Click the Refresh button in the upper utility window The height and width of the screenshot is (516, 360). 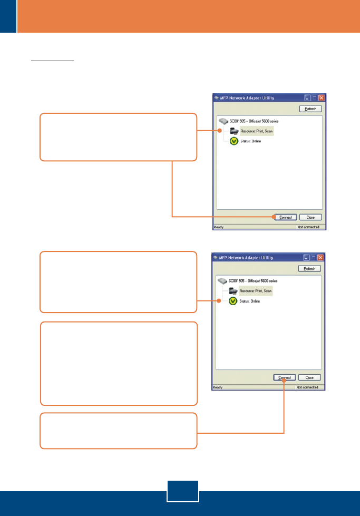(310, 109)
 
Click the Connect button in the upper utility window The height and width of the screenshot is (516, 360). (285, 217)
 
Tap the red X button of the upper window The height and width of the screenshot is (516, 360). (321, 98)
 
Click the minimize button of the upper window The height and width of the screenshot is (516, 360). (307, 98)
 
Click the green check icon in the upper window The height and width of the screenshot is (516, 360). (233, 141)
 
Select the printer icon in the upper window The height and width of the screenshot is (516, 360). (233, 131)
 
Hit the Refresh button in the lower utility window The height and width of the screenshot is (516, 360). (309, 268)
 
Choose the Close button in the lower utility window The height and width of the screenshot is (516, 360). (309, 377)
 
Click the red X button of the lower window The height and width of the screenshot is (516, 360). (320, 257)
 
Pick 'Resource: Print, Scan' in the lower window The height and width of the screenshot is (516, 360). (256, 291)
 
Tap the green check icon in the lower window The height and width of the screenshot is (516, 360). (233, 301)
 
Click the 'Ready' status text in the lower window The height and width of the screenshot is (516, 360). (218, 387)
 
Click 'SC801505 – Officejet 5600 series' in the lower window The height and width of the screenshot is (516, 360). (254, 281)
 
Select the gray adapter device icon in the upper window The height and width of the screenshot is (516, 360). (223, 120)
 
